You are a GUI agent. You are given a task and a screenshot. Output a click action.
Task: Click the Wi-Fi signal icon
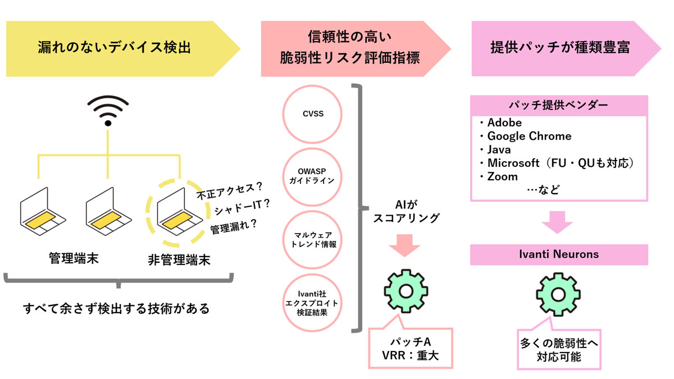click(108, 110)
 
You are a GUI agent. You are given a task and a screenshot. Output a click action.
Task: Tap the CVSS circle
click(312, 113)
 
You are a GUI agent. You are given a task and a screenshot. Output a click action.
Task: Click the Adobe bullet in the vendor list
click(504, 122)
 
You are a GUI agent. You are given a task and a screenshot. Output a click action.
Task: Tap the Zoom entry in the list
click(502, 176)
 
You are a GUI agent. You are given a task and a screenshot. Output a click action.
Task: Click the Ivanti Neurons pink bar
click(558, 254)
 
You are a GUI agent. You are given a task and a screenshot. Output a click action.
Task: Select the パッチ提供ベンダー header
click(558, 105)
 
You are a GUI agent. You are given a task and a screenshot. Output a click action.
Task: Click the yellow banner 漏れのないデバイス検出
click(115, 48)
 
